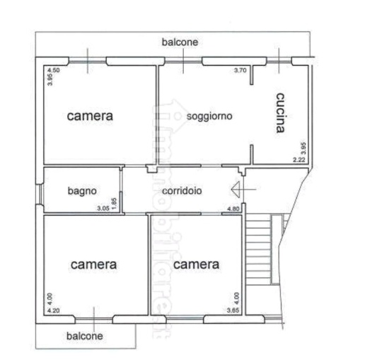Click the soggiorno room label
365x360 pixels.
tap(210, 115)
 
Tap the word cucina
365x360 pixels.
tap(281, 112)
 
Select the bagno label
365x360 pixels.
tap(82, 190)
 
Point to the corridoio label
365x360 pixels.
tap(182, 190)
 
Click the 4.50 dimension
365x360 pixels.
tap(54, 70)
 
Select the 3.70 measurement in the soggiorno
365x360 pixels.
tap(241, 70)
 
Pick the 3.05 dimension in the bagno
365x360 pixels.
tap(103, 208)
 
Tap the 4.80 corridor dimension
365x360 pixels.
tap(233, 208)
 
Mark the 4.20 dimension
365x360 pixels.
tap(53, 310)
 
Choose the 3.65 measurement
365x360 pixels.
tap(232, 310)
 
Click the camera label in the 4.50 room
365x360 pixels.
tap(90, 115)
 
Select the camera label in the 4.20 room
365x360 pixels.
tap(93, 265)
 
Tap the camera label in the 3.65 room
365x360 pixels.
tap(196, 265)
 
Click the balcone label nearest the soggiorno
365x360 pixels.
tap(180, 42)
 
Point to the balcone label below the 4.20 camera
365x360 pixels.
tap(85, 336)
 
